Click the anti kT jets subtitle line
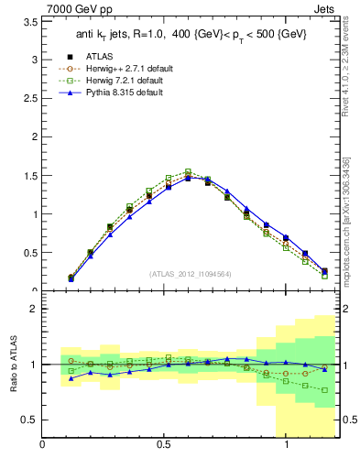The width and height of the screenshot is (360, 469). (x=191, y=37)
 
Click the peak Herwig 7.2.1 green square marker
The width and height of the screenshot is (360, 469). (x=188, y=171)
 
